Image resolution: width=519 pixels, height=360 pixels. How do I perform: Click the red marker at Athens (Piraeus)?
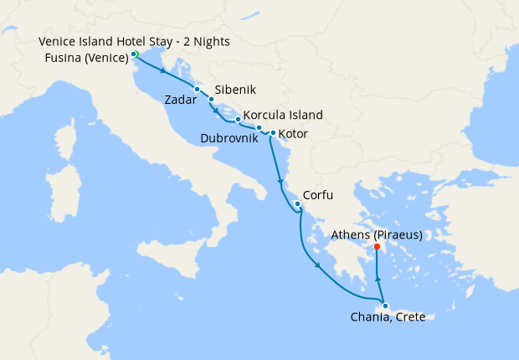pos(378,247)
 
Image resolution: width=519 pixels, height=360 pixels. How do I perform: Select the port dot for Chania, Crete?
pos(384,305)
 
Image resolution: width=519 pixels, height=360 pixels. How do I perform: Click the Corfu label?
pos(318,195)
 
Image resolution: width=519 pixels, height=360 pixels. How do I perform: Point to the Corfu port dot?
pos(297,204)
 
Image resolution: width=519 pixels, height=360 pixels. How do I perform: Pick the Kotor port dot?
pos(273,133)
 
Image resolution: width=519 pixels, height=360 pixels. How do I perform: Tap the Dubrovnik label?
pos(229,137)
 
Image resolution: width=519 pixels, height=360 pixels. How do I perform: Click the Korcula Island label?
pos(283,116)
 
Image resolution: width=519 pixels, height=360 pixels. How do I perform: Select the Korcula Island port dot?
pos(239,119)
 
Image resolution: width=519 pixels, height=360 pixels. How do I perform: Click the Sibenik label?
pos(235,90)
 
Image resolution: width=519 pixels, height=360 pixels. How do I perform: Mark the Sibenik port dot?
pos(211,99)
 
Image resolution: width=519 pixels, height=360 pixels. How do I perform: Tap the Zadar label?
pos(181,99)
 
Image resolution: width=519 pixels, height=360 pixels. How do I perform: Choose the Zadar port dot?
pos(197,89)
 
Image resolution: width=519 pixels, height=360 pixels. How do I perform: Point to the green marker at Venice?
pos(135,54)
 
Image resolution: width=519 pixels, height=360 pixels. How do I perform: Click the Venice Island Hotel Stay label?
pos(134,41)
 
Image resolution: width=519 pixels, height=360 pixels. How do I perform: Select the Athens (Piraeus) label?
pos(377,234)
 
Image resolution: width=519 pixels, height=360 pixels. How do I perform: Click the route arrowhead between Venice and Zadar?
pos(161,71)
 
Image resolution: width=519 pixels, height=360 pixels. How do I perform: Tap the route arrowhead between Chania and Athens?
pos(378,279)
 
